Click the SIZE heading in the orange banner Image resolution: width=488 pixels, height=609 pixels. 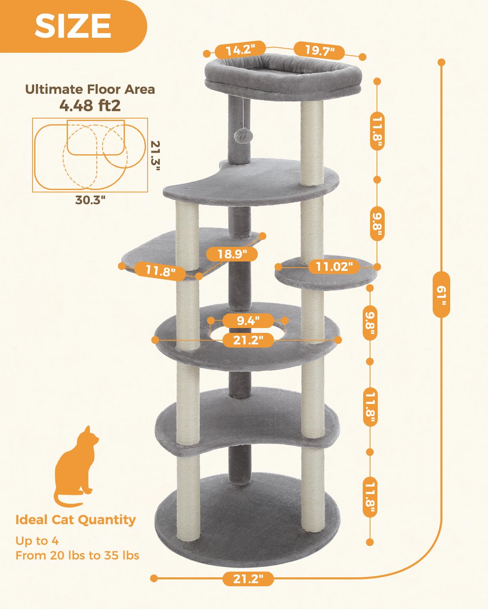tap(73, 26)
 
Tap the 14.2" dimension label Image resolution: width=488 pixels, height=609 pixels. tap(240, 50)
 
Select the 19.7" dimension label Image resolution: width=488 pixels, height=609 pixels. tap(320, 51)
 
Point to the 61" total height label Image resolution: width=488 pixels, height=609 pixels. tap(441, 294)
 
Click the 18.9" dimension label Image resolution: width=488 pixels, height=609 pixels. tap(232, 254)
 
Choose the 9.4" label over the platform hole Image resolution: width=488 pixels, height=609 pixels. tap(248, 320)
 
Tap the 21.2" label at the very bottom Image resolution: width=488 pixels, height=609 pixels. tap(248, 578)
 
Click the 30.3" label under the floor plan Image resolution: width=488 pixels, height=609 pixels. tap(90, 200)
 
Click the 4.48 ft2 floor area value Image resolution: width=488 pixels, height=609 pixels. tap(90, 106)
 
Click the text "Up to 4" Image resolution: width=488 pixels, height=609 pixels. tap(37, 541)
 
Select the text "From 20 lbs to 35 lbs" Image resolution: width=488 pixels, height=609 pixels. tap(77, 555)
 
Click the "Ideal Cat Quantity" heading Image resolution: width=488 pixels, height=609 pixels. tap(76, 520)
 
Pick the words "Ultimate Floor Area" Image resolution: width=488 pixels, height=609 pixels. tap(90, 89)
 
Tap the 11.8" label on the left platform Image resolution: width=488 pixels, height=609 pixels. tap(160, 270)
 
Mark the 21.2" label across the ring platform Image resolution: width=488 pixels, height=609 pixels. tap(248, 339)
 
